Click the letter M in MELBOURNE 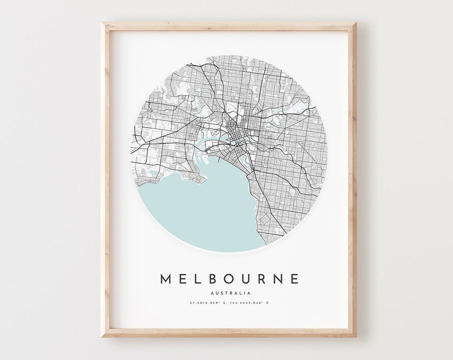[166, 279]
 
